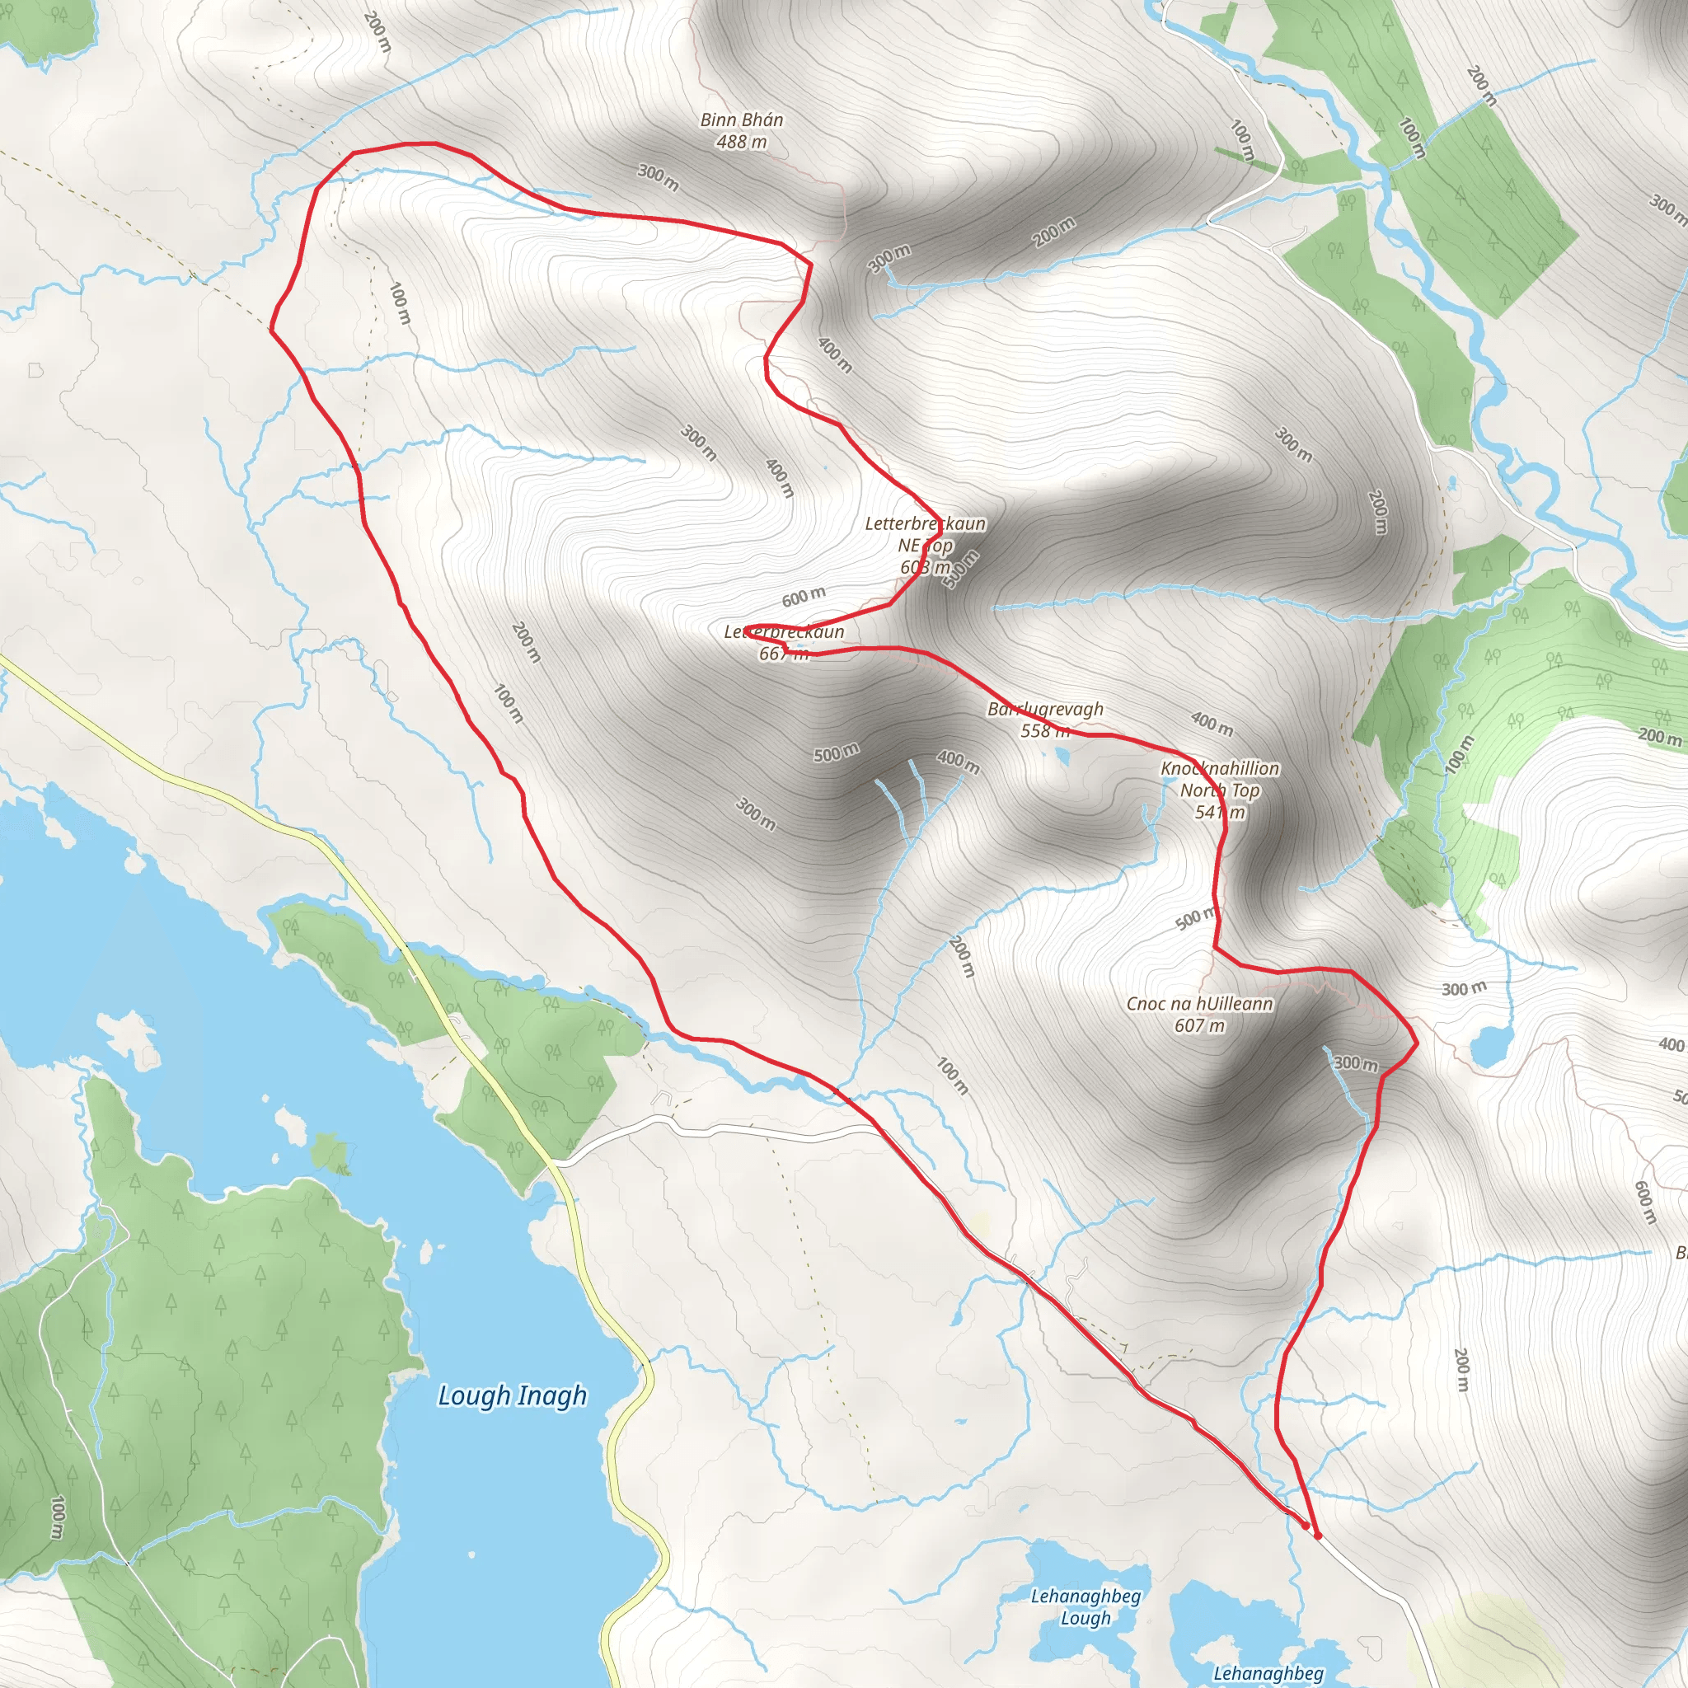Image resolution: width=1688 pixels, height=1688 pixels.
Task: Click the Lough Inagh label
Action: point(512,1395)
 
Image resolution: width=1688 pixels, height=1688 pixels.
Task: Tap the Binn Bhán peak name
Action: point(742,120)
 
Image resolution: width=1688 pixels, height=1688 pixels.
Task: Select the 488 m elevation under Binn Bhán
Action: point(742,142)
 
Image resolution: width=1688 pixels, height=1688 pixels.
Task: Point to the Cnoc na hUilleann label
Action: point(1199,1004)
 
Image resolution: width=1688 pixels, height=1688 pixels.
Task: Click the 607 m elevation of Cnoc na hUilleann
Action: point(1199,1025)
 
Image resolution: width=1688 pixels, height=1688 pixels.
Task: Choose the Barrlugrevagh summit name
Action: point(1045,709)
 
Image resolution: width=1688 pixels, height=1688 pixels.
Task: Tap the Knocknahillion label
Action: point(1220,768)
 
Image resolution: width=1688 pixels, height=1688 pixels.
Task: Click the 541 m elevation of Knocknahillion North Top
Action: point(1220,812)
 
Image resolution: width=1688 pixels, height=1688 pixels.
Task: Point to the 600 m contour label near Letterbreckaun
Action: point(803,597)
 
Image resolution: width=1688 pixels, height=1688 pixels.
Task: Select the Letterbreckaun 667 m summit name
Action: point(784,631)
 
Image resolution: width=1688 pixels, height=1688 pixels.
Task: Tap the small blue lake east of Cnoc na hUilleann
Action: point(1493,1046)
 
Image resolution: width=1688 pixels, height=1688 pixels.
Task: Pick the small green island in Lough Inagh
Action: point(330,1151)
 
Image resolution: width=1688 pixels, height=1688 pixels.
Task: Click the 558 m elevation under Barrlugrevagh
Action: point(1045,730)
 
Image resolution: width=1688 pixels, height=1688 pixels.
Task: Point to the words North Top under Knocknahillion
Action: point(1220,790)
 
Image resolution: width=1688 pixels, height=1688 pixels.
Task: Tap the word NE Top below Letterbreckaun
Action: point(926,545)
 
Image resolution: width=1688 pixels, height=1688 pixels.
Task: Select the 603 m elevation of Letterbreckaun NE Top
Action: point(926,567)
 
